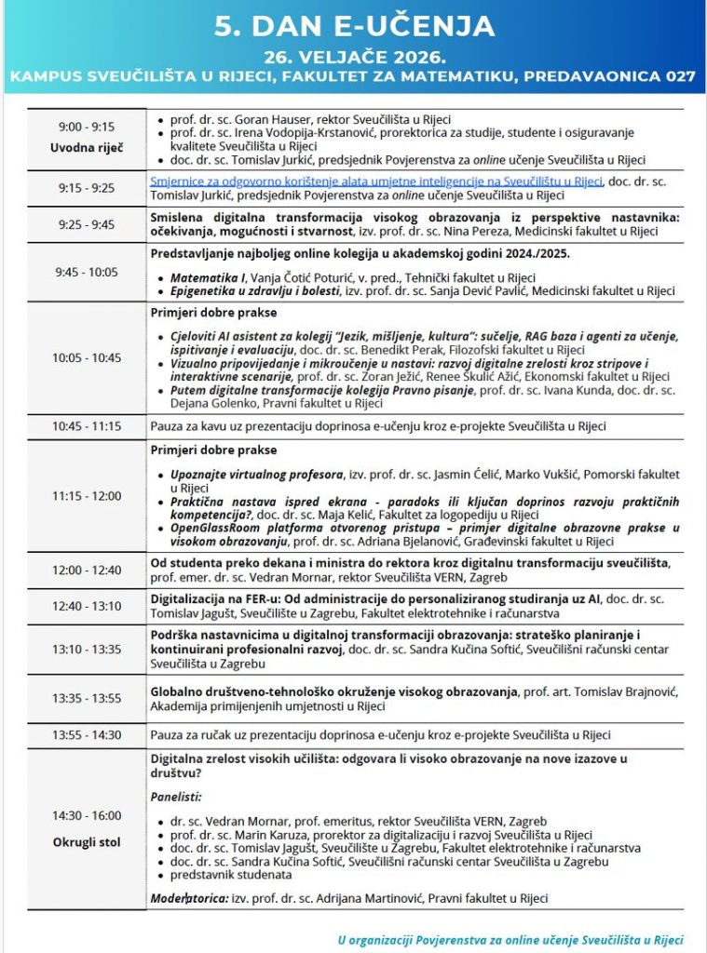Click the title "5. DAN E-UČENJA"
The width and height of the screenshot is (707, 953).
tap(353, 26)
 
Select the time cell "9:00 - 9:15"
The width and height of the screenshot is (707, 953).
tap(86, 127)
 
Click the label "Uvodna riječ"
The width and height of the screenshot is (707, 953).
tap(86, 148)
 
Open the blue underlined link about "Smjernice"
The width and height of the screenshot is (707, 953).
tap(376, 181)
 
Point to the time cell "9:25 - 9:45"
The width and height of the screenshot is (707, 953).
tap(86, 223)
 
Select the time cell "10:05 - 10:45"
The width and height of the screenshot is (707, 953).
tap(86, 357)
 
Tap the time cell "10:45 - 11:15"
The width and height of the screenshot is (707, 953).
tap(86, 426)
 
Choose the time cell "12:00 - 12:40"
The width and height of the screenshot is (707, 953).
tap(86, 570)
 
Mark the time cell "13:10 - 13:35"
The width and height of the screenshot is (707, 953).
tap(86, 649)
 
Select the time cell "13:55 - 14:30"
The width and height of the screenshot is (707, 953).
tap(86, 734)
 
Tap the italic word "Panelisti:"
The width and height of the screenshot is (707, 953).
tap(176, 797)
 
